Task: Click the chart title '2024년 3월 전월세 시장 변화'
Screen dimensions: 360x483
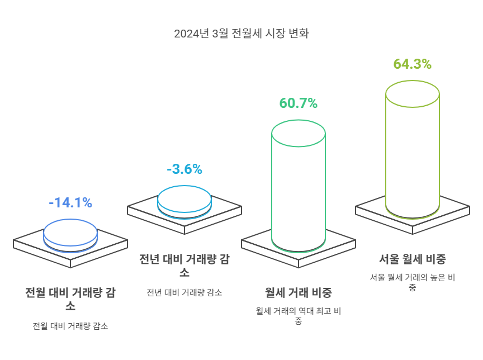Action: (241, 34)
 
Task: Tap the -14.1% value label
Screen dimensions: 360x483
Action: (70, 203)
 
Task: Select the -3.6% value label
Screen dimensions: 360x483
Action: (184, 169)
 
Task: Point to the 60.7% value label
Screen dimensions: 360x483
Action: (298, 103)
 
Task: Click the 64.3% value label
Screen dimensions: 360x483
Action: (412, 64)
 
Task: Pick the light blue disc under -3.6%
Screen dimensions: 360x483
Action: (184, 200)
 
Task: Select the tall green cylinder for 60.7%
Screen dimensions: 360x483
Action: (298, 190)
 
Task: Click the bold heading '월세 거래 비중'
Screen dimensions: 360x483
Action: (298, 292)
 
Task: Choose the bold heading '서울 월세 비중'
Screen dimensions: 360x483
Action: (412, 259)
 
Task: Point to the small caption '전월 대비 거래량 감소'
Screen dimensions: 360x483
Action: (70, 326)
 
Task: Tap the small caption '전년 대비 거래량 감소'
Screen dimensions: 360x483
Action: (184, 292)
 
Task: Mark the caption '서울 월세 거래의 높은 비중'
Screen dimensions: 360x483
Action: (412, 282)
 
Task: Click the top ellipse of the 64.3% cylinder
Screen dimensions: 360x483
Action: (412, 93)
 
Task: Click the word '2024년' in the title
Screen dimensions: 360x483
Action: (192, 34)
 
